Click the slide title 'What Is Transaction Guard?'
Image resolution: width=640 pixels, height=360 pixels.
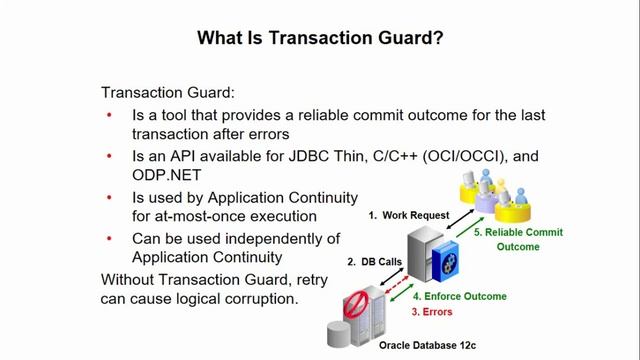(x=320, y=38)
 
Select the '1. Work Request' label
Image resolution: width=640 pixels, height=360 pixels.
(x=408, y=215)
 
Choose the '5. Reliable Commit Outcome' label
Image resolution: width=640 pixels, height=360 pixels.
(x=519, y=239)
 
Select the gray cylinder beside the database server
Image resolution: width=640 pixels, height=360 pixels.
(x=337, y=334)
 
